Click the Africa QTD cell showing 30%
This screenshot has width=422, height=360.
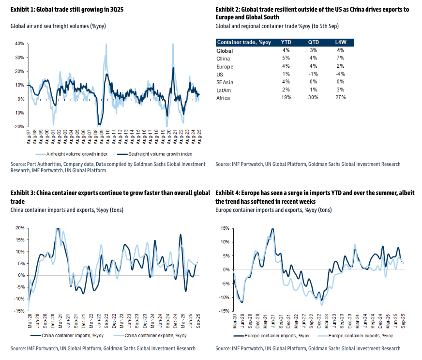tap(313, 97)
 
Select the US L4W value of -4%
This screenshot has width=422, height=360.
tap(340, 74)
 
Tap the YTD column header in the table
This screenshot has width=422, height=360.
tap(286, 42)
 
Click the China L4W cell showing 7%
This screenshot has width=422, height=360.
tap(340, 58)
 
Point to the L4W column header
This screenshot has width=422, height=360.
tap(341, 42)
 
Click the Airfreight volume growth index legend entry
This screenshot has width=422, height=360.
tap(72, 154)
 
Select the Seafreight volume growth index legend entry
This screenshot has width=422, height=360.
tap(154, 154)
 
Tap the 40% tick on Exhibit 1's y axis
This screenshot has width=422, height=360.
tap(20, 44)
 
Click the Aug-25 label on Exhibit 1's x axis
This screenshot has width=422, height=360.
tap(199, 136)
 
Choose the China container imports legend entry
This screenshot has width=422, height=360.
tap(67, 335)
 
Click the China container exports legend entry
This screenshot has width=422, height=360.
tap(150, 335)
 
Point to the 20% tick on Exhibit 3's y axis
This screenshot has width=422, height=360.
tap(20, 227)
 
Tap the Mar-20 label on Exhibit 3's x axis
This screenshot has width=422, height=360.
tap(30, 321)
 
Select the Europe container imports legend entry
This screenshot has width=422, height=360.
tap(271, 336)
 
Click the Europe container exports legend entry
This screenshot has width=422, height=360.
tap(355, 336)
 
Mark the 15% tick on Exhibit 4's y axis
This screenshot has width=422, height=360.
tap(225, 228)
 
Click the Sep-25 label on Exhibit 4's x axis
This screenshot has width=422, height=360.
tap(403, 321)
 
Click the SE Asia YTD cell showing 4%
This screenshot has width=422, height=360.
tap(286, 81)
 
